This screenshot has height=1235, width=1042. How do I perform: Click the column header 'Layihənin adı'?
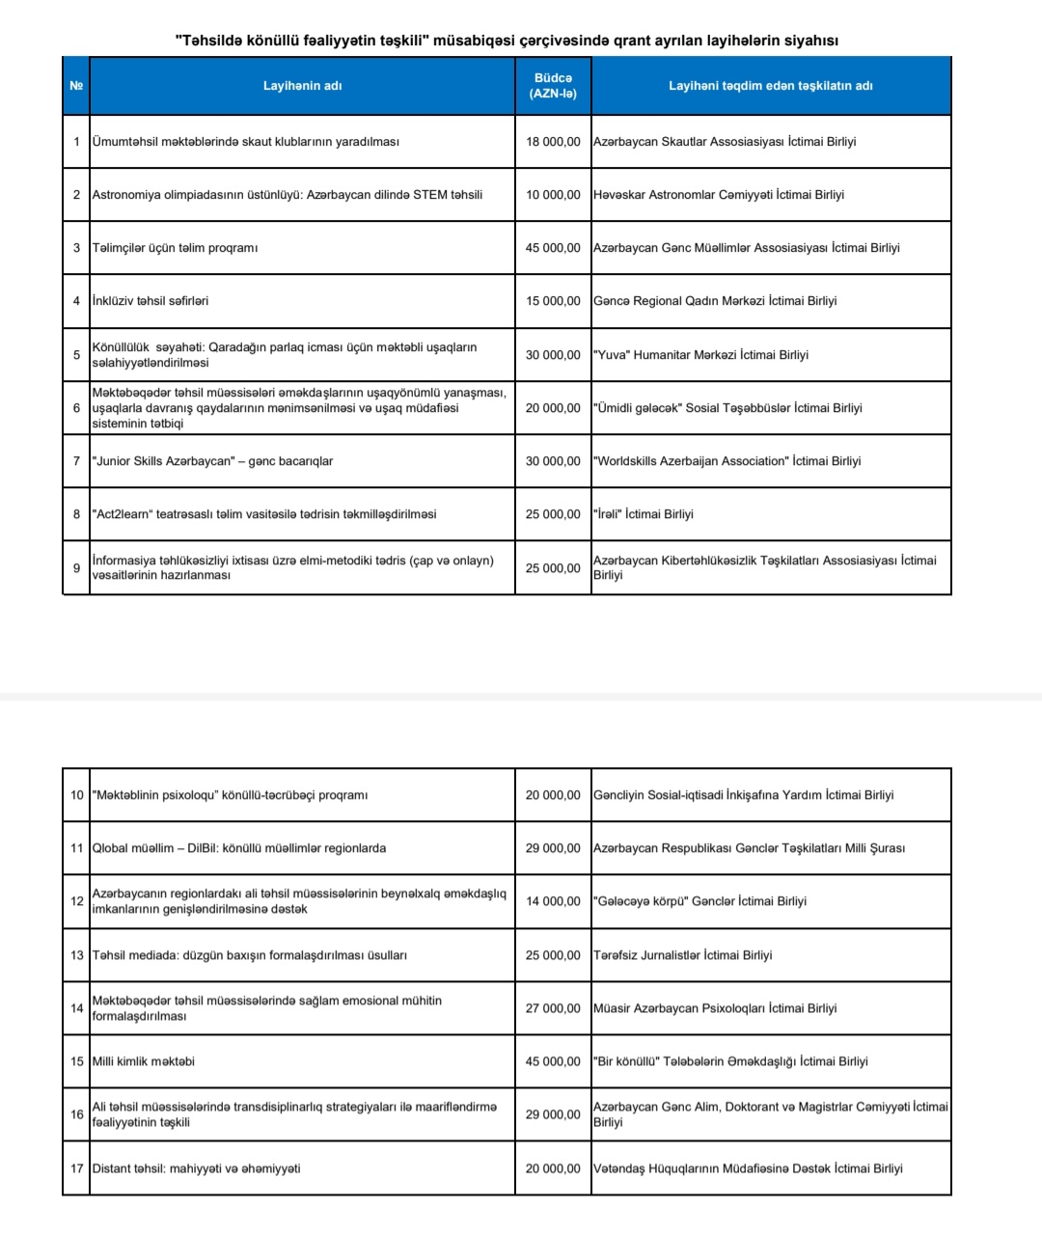coord(302,86)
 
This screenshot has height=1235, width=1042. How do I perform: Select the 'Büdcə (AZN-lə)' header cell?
coord(553,86)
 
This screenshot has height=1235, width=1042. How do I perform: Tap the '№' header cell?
coord(76,86)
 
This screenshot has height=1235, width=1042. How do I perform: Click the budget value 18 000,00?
coord(553,142)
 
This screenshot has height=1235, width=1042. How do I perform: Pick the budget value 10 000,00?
coord(553,195)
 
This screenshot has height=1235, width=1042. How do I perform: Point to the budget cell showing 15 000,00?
coord(553,301)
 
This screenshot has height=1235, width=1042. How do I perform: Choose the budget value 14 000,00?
coord(553,901)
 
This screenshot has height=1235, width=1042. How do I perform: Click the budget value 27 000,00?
coord(553,1008)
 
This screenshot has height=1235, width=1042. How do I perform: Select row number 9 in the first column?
coord(76,567)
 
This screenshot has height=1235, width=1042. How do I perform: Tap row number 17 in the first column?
coord(77,1168)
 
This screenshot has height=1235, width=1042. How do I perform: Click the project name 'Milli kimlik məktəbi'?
coord(143,1061)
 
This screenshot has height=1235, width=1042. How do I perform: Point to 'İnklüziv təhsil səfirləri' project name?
coord(150,301)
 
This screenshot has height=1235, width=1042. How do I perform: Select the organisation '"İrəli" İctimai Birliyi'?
coord(643,514)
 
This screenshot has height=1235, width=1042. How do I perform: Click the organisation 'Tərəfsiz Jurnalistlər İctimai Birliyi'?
coord(682,955)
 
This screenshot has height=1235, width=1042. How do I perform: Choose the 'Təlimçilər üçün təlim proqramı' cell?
coord(175,248)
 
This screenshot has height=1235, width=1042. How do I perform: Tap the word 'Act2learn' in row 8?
coord(123,514)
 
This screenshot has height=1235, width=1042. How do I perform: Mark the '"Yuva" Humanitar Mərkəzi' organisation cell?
coord(700,355)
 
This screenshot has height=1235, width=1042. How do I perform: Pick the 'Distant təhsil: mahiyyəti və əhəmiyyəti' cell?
coord(196,1168)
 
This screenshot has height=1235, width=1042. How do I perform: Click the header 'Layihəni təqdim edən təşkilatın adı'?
coord(770,86)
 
